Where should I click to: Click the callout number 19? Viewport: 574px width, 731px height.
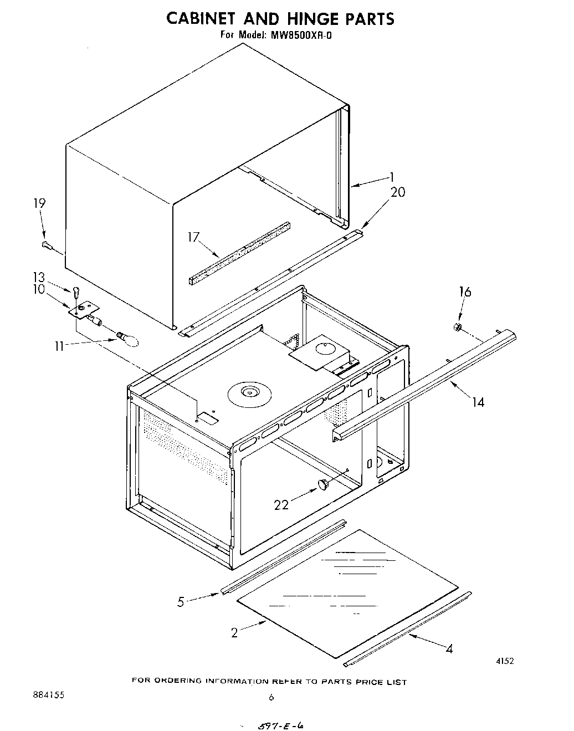click(39, 203)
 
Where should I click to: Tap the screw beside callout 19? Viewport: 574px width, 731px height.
click(47, 244)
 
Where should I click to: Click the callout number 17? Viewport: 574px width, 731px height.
click(193, 237)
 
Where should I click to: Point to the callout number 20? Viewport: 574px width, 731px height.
click(397, 192)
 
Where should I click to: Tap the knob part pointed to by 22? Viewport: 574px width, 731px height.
click(323, 485)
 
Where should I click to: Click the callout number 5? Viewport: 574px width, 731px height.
click(181, 602)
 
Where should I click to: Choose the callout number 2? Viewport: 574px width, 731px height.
click(234, 632)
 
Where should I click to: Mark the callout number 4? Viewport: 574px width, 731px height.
click(449, 649)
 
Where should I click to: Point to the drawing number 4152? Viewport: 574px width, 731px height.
click(505, 661)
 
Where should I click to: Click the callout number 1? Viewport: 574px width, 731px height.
click(391, 177)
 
